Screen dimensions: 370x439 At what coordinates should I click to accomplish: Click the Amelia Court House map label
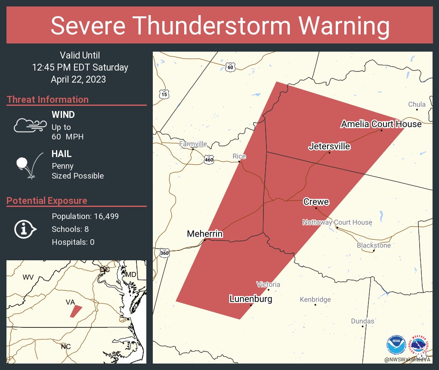pos(381,124)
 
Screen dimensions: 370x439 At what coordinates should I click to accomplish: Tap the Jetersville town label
pos(329,147)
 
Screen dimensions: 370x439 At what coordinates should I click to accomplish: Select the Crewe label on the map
pos(316,202)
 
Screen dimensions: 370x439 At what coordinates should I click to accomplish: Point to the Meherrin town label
pos(204,234)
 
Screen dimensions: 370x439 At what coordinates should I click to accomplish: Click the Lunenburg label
pos(250,299)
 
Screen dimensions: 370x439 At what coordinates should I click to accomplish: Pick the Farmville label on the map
pos(193,144)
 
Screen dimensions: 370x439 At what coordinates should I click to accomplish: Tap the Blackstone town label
pos(374,245)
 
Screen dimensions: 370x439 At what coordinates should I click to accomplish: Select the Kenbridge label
pos(315,299)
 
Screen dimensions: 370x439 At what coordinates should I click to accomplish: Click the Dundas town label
pos(362,321)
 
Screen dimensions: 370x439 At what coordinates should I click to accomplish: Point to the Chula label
pos(417,104)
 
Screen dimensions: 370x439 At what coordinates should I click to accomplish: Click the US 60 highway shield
pos(231,67)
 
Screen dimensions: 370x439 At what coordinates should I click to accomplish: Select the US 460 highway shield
pos(209,160)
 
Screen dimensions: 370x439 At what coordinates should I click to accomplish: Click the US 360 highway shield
pos(164,253)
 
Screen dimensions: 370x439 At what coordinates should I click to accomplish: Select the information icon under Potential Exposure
pos(25,229)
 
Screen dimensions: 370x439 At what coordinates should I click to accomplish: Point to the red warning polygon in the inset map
pos(76,311)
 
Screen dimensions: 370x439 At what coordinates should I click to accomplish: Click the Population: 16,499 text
pos(85,216)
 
